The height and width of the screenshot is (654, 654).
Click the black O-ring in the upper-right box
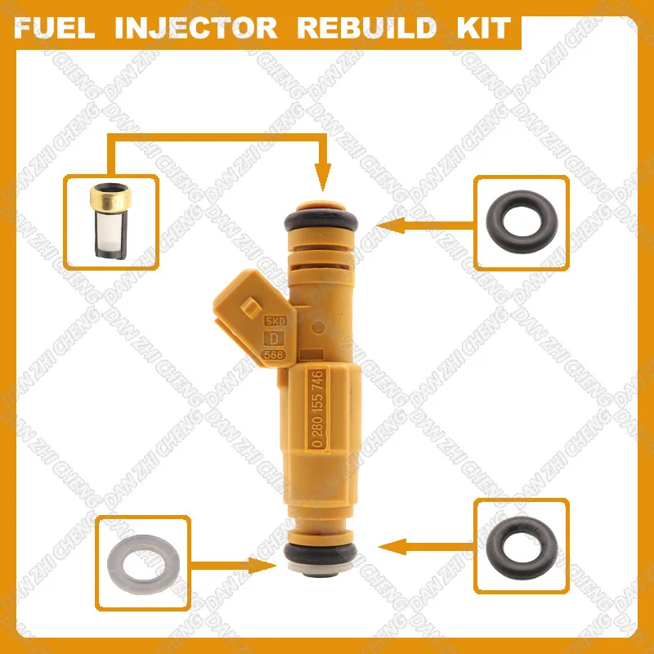pos(522,222)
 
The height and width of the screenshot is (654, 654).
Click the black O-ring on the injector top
pos(324,219)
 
